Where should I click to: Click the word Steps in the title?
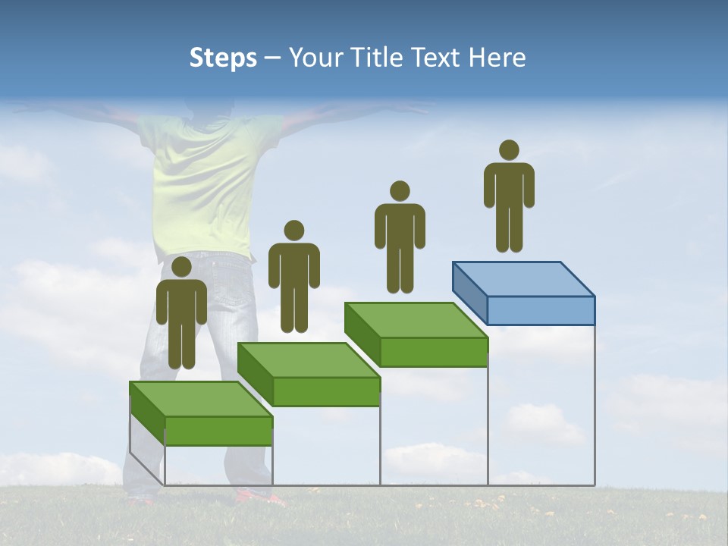[223, 58]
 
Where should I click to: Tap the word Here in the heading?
[496, 58]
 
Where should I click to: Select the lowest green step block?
[201, 413]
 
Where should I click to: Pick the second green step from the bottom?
[309, 375]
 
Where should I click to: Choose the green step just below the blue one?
[416, 334]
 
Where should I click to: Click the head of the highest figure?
[509, 150]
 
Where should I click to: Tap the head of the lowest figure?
[181, 267]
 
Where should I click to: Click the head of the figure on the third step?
[400, 191]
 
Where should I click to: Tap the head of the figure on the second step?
[293, 231]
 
